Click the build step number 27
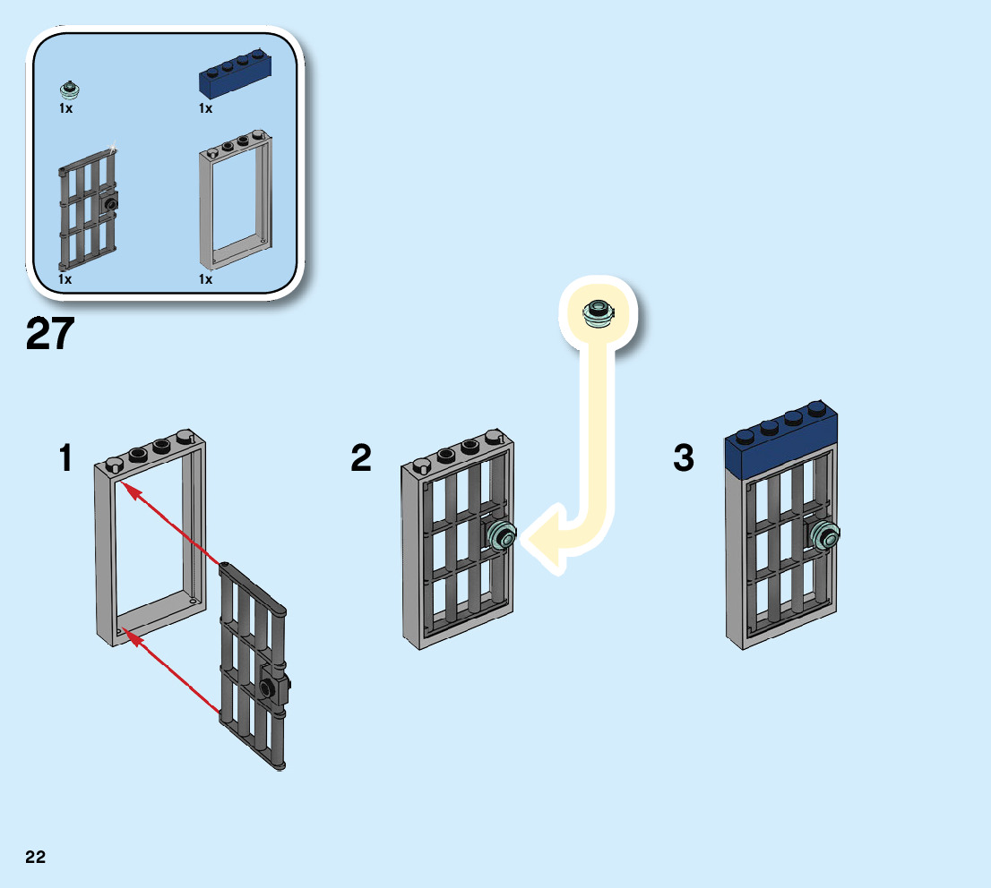click(50, 335)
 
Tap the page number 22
click(35, 857)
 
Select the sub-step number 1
click(65, 459)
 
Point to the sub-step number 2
click(360, 459)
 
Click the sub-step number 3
click(684, 459)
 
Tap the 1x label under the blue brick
click(206, 108)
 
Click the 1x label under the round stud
click(65, 108)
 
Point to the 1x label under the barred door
click(65, 279)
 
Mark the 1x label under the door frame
click(206, 279)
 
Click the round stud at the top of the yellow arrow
click(598, 311)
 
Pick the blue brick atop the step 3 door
click(781, 443)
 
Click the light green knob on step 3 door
click(825, 534)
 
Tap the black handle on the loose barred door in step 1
click(268, 687)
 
